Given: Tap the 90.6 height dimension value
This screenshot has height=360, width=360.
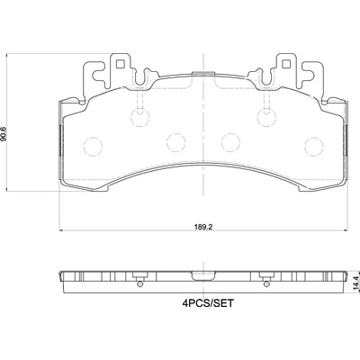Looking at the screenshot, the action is click(4, 134).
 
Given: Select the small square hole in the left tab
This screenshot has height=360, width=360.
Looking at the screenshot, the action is click(121, 64).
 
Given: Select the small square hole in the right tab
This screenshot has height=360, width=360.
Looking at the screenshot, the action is click(285, 64).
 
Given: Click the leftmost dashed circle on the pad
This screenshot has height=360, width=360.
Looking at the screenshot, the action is click(94, 147).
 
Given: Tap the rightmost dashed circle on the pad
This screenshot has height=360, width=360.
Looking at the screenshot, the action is click(314, 146).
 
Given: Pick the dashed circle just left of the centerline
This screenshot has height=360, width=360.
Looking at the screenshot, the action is click(176, 142).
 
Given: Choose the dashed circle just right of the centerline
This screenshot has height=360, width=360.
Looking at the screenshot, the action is click(230, 142).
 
